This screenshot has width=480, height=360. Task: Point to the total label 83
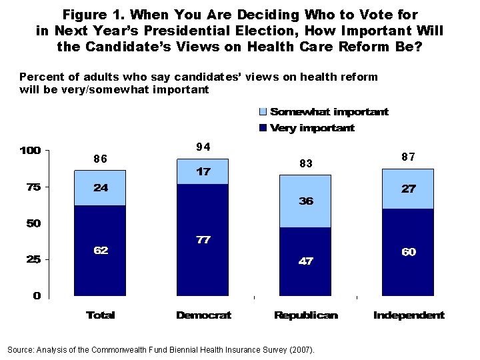pyautogui.click(x=306, y=163)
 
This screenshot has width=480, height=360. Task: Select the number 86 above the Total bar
pyautogui.click(x=100, y=159)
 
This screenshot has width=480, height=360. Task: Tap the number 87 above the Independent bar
pyautogui.click(x=408, y=157)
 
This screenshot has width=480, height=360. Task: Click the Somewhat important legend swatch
pyautogui.click(x=263, y=112)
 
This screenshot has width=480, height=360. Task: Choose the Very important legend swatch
pyautogui.click(x=263, y=127)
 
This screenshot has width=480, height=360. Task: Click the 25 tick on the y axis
pyautogui.click(x=33, y=259)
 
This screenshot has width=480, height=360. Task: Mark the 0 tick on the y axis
pyautogui.click(x=37, y=295)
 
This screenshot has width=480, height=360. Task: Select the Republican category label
pyautogui.click(x=306, y=315)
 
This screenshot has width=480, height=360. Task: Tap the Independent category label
pyautogui.click(x=408, y=315)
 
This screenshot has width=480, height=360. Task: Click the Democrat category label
pyautogui.click(x=203, y=315)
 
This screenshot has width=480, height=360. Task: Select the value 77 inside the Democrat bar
pyautogui.click(x=203, y=239)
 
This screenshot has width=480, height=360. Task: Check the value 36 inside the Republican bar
pyautogui.click(x=306, y=201)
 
